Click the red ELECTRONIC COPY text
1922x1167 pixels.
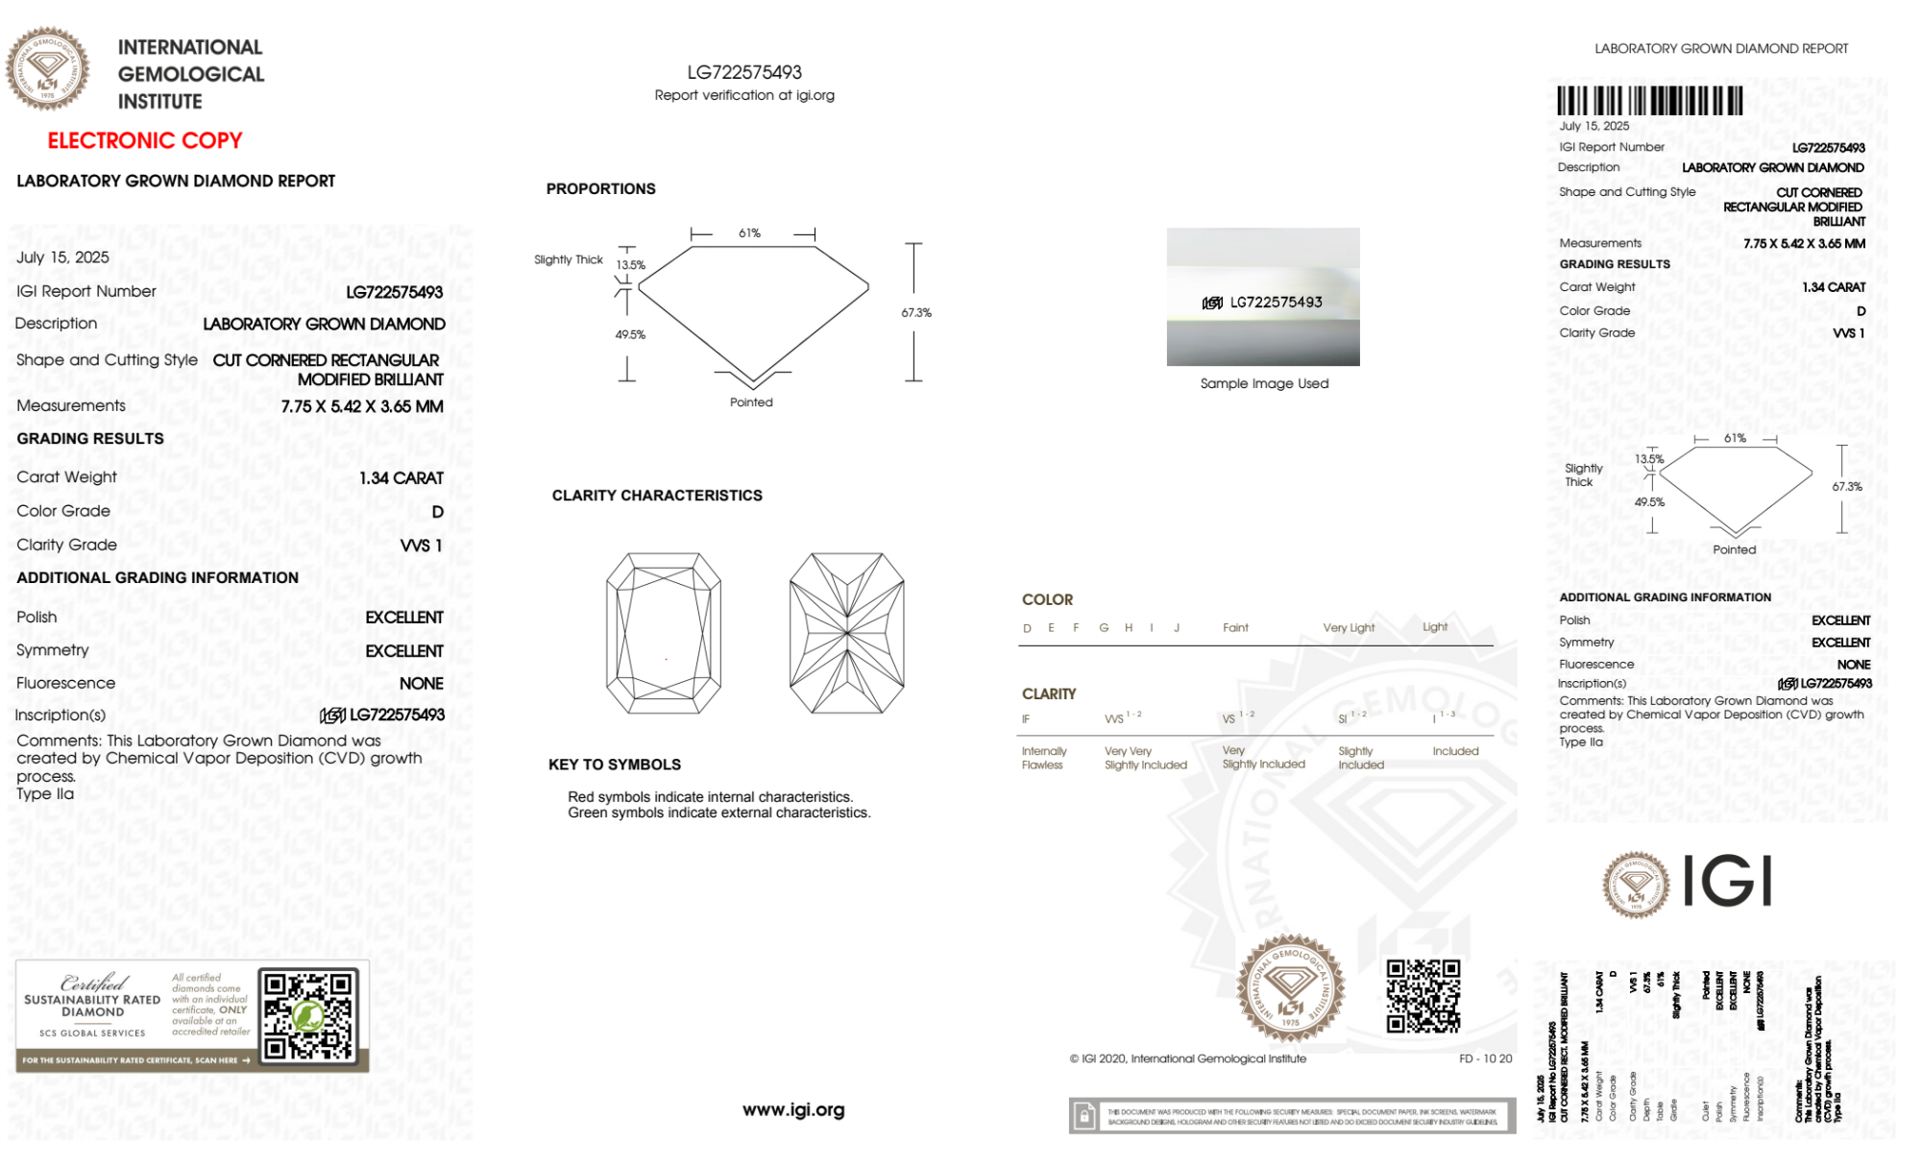[145, 140]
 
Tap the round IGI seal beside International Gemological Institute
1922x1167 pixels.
[47, 69]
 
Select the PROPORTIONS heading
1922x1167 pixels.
[600, 189]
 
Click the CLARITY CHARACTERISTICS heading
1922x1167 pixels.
[657, 496]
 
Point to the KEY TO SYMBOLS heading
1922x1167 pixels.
[615, 765]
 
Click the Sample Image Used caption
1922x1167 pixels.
[1264, 383]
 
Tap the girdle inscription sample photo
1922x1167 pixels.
[1263, 297]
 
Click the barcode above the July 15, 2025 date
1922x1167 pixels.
[1649, 101]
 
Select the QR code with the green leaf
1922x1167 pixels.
[308, 1015]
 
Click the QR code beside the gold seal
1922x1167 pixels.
[1423, 995]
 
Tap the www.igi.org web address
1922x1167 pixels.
[793, 1110]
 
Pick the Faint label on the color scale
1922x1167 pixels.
[1235, 628]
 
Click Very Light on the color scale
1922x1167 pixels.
[1349, 628]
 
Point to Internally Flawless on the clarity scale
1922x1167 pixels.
[1043, 758]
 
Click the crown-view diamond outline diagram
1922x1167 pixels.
[664, 633]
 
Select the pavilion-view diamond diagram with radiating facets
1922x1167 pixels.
[846, 633]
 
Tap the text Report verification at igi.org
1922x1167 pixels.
[744, 95]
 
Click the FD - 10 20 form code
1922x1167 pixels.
[1485, 1058]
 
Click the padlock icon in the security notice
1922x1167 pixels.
[1084, 1116]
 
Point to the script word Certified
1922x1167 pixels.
[93, 983]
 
